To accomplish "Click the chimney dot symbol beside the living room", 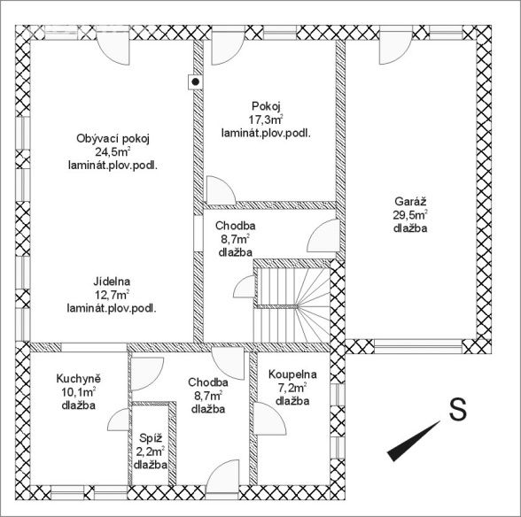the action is [196, 81].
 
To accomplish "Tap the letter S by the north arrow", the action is [457, 409].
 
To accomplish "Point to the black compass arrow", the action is [414, 441].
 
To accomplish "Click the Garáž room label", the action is [410, 201].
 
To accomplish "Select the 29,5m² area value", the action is [410, 215].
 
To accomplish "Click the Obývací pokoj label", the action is [113, 138].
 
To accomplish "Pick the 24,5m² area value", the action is [113, 152].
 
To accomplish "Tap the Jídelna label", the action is [112, 282].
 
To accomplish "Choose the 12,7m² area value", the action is [112, 295].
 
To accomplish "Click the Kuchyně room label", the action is [78, 379].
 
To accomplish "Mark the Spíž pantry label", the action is [151, 438].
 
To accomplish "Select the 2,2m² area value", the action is [151, 451].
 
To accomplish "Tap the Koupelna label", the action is [292, 374].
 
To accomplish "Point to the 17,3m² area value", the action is [266, 120].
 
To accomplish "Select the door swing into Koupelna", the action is [269, 418].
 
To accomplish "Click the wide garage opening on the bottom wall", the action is [418, 346].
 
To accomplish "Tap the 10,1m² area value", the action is [78, 392].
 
